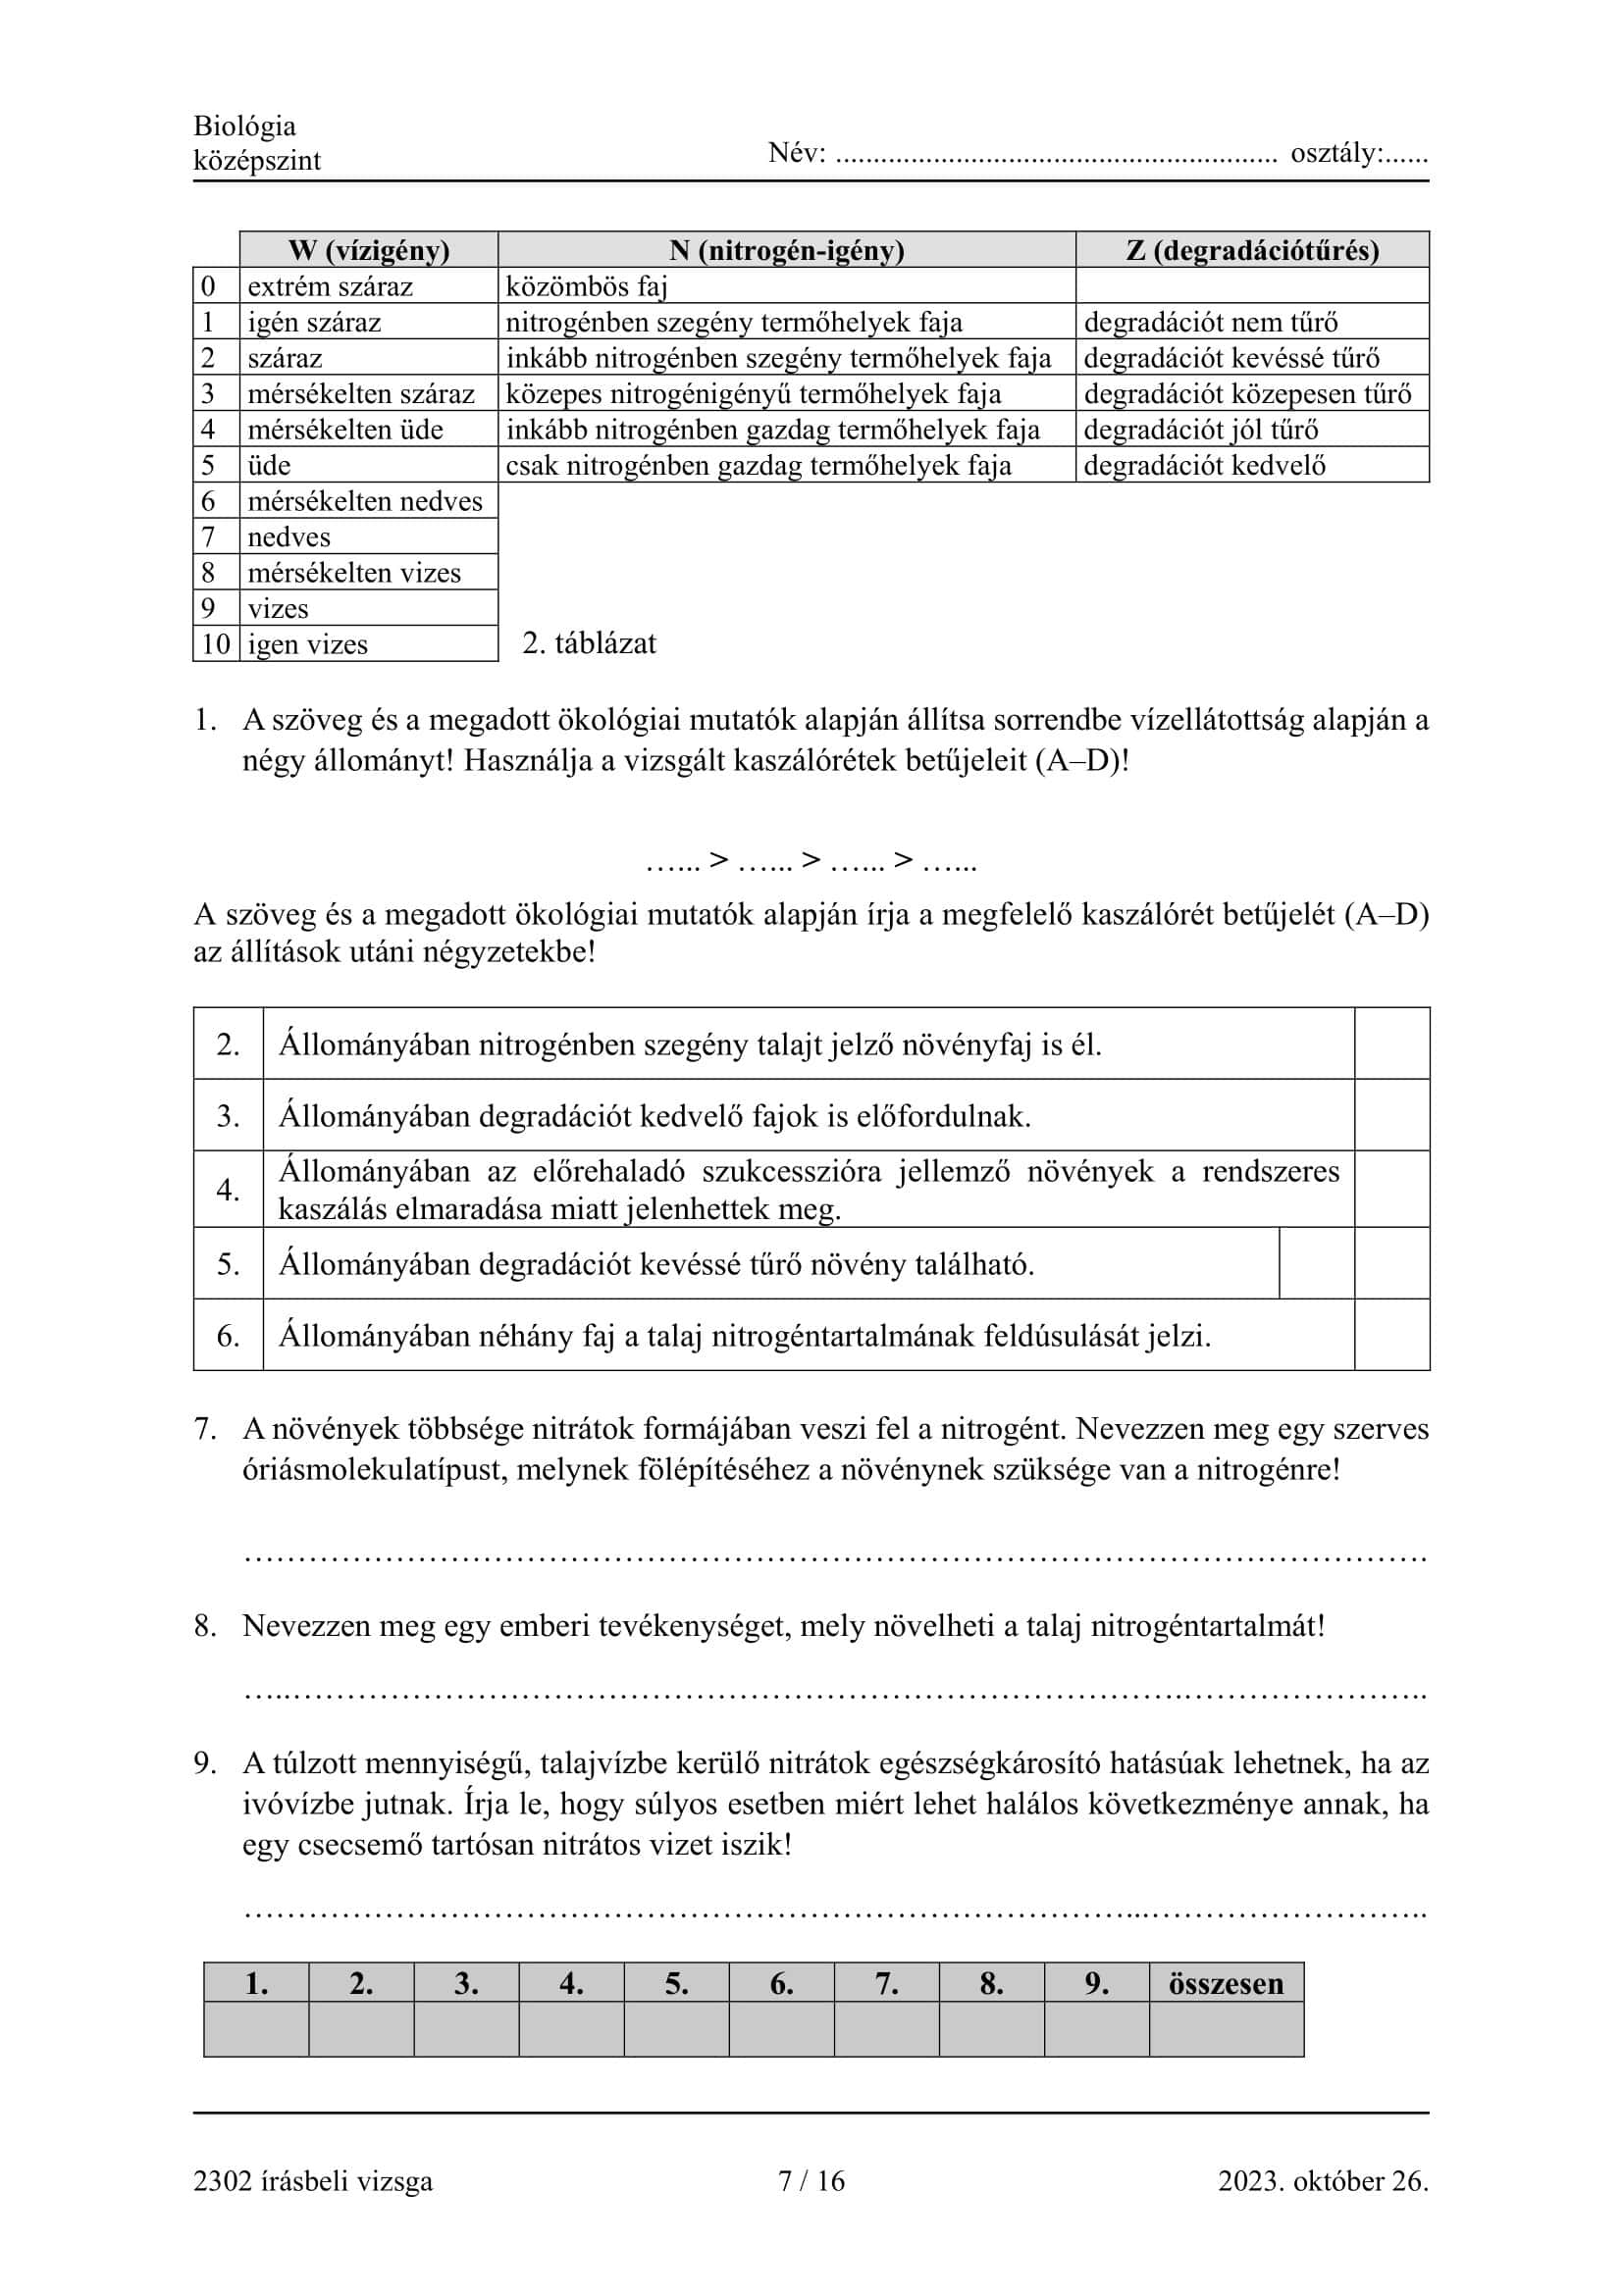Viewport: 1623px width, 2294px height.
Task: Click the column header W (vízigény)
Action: click(369, 250)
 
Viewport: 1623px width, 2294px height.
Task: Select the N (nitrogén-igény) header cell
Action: click(787, 250)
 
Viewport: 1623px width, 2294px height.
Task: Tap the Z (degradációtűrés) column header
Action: click(1252, 250)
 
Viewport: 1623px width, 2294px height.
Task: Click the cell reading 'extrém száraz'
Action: click(330, 286)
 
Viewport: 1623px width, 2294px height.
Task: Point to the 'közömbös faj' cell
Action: click(586, 286)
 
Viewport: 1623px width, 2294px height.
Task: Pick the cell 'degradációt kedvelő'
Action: click(1204, 466)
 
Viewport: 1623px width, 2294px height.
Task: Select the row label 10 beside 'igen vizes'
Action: click(216, 644)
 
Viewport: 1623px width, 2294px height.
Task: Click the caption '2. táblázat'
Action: click(589, 643)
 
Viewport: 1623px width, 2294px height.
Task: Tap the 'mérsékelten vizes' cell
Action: click(354, 573)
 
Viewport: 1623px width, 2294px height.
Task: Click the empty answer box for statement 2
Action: click(1392, 1045)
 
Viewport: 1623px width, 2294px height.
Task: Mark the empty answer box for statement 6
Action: click(1392, 1335)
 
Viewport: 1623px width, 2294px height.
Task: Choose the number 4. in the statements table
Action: click(228, 1190)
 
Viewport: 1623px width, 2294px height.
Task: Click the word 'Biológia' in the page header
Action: click(245, 126)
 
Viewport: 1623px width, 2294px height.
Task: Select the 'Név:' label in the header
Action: click(797, 153)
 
